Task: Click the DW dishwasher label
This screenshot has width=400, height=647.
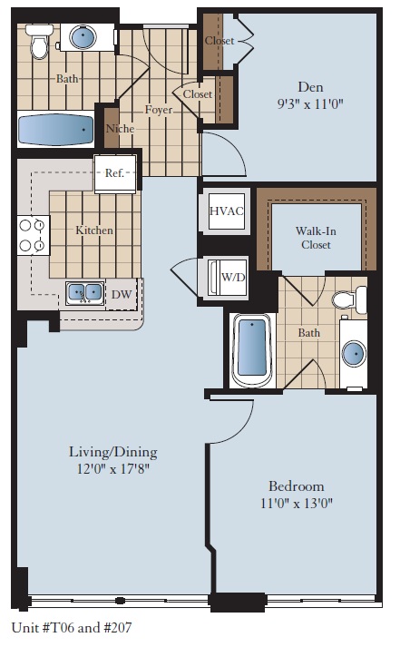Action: (x=122, y=294)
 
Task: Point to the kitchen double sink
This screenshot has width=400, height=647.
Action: (x=83, y=293)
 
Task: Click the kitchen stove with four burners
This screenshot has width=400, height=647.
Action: (x=33, y=235)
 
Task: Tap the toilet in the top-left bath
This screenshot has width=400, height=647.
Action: (x=38, y=43)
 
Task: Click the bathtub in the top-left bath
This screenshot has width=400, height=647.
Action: (x=56, y=129)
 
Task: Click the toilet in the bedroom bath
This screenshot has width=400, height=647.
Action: (x=347, y=299)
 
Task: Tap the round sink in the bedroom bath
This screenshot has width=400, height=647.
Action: (x=352, y=352)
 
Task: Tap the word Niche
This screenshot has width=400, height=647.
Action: (x=121, y=129)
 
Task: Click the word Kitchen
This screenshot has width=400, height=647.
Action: (x=94, y=230)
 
